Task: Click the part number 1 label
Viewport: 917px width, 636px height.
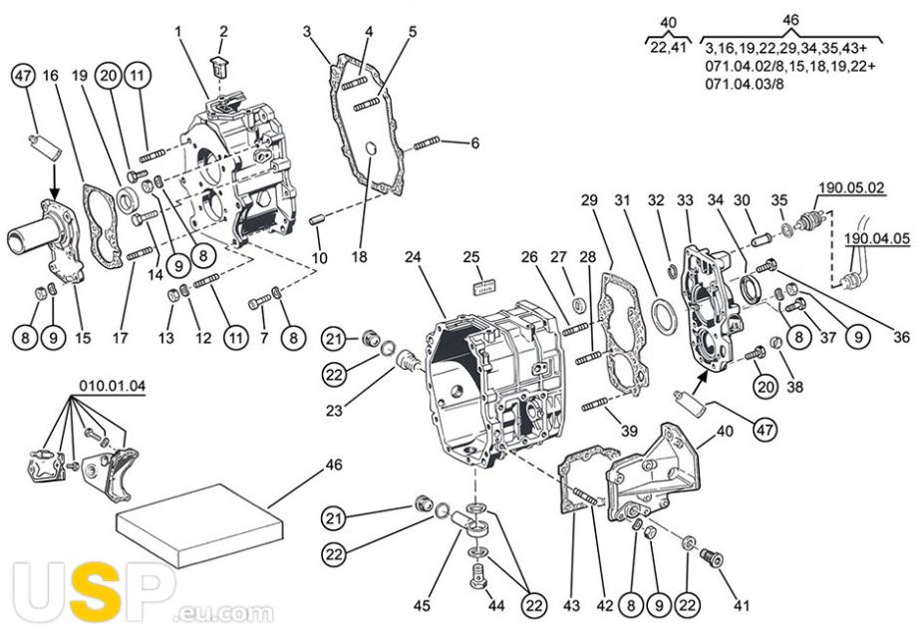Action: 178,32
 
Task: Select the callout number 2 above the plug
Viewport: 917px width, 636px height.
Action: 222,32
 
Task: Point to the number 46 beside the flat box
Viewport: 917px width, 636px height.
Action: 334,465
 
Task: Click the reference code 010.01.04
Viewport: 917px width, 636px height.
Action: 112,386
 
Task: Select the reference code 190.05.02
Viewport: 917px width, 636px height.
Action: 851,186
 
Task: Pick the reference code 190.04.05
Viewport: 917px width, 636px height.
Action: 876,239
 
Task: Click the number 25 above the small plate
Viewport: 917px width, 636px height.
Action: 471,257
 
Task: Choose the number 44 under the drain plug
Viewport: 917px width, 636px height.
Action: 495,606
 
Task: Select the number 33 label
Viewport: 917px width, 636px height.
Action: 685,200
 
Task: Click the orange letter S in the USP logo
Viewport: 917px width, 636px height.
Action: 97,596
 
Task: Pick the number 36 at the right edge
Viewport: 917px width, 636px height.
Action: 901,338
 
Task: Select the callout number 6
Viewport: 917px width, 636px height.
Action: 474,144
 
